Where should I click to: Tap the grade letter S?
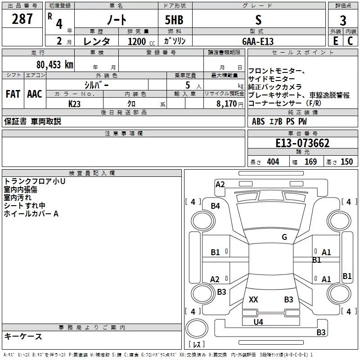[258, 19]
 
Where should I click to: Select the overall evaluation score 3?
[343, 20]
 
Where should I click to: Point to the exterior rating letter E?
[335, 41]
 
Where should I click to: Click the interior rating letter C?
[350, 41]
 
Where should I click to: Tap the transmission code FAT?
[13, 94]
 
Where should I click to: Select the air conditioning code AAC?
[35, 94]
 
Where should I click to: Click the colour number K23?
[75, 103]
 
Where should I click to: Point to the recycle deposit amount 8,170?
[227, 103]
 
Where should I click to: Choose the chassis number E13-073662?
[302, 144]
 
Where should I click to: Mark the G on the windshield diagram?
[284, 237]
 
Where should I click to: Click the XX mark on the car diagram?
[253, 299]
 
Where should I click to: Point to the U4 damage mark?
[258, 322]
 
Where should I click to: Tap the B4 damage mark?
[216, 206]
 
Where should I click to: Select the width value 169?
[310, 162]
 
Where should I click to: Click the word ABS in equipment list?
[258, 121]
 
